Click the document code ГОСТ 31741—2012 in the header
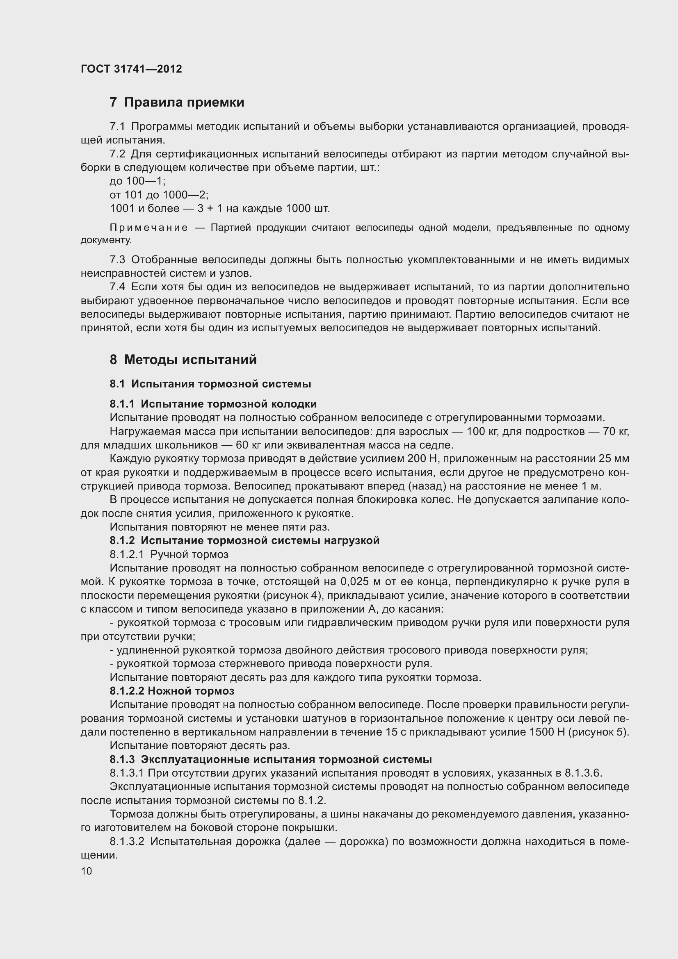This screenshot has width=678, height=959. click(x=131, y=69)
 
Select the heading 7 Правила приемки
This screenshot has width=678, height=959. click(x=177, y=103)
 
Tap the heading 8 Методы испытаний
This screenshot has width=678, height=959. click(x=183, y=360)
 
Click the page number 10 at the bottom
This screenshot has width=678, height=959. click(x=87, y=871)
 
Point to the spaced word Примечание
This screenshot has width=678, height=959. click(x=149, y=228)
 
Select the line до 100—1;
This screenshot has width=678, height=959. click(x=137, y=181)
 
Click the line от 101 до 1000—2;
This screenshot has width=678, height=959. click(x=159, y=195)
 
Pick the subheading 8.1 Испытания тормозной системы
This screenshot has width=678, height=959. click(x=210, y=384)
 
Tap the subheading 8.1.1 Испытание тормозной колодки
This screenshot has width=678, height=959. click(x=213, y=404)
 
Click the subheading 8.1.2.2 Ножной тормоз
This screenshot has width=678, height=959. click(x=172, y=691)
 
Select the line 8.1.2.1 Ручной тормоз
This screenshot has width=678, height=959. click(x=169, y=554)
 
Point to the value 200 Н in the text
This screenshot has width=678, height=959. click(x=422, y=459)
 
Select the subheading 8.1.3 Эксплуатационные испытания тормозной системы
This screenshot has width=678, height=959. click(x=271, y=759)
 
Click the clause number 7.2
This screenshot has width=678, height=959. click(x=117, y=154)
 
